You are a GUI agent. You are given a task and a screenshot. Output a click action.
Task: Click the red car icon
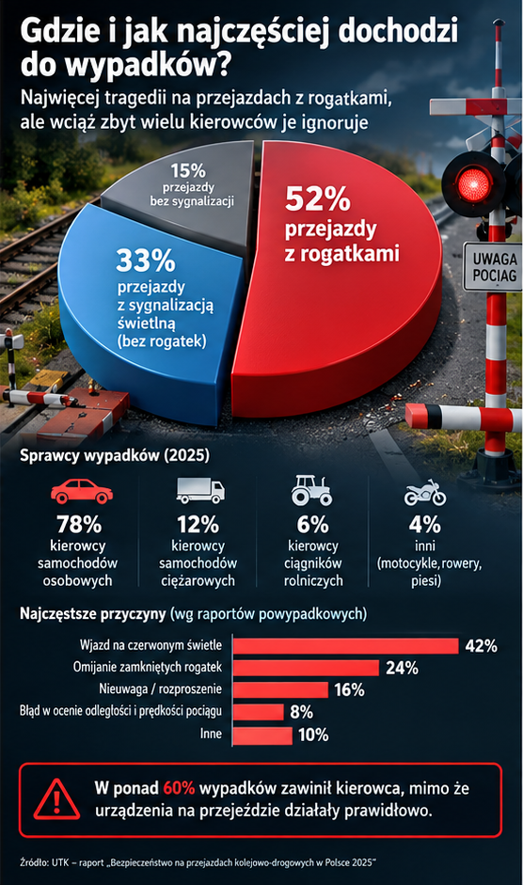(82, 492)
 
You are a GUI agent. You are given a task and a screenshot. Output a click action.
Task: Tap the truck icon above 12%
(200, 491)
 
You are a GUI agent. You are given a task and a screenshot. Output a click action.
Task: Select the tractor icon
(311, 490)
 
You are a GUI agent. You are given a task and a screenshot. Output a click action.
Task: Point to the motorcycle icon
(425, 493)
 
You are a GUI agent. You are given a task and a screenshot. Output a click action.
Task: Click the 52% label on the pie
(318, 198)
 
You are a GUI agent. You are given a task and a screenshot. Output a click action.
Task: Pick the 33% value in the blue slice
(146, 261)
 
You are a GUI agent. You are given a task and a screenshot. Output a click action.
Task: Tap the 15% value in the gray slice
(188, 170)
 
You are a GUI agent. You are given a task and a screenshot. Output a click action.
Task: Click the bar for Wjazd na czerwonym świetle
(345, 646)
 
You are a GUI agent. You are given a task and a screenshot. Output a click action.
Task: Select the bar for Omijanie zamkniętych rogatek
(306, 668)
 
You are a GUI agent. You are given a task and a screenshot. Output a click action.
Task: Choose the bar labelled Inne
(262, 735)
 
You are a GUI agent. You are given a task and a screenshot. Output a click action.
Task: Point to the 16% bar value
(350, 689)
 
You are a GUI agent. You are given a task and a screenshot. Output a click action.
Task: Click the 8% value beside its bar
(302, 712)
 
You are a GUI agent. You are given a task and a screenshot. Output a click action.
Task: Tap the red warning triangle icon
(56, 799)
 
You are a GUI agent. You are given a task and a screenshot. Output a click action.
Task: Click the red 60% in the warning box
(179, 788)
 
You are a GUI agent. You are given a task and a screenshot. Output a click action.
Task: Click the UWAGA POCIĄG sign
(494, 267)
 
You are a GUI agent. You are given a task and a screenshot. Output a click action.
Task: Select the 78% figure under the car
(79, 525)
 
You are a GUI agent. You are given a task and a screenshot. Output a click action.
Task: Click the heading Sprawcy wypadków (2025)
(115, 455)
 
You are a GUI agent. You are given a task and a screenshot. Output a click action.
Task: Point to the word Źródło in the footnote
(34, 862)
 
